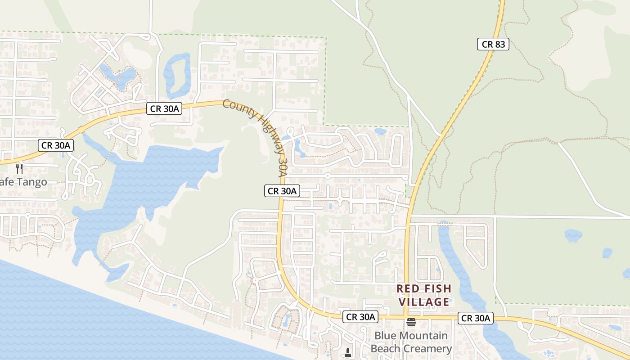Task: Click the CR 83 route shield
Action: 493,44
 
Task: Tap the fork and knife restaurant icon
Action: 19,169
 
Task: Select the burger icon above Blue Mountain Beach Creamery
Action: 411,322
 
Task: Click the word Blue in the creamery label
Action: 386,336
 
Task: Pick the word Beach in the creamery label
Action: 387,349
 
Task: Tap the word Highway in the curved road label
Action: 267,133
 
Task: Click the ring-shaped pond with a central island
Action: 176,74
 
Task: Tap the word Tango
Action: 31,182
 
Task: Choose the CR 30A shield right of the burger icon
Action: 476,318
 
